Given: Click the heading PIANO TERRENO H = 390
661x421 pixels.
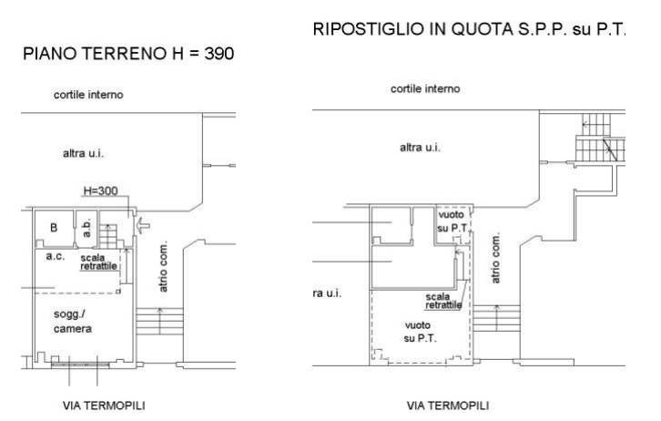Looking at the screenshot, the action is click(128, 54).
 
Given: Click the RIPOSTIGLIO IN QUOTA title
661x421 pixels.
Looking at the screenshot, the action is click(469, 29).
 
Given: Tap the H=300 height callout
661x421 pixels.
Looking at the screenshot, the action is click(100, 190).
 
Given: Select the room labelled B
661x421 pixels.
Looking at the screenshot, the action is click(54, 228).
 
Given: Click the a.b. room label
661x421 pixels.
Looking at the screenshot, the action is click(87, 228).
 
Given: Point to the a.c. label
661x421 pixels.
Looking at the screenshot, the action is click(56, 256).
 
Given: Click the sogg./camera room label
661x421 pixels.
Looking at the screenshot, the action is click(73, 322).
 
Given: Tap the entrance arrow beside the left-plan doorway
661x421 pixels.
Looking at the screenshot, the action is click(143, 225).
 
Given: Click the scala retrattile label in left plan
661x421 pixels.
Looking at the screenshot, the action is click(98, 262).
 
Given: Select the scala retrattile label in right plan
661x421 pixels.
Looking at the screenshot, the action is click(443, 301).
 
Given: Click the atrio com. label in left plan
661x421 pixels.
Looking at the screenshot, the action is click(164, 266).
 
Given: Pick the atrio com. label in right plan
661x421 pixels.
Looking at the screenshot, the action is click(495, 257).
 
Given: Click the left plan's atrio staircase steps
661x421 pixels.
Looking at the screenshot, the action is click(159, 322).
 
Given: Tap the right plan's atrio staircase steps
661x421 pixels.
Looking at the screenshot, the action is click(496, 318).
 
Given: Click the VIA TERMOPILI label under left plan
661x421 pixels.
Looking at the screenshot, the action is click(104, 406).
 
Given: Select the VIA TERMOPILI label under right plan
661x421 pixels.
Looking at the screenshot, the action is click(448, 406).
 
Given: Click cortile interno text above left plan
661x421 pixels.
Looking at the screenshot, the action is click(88, 95).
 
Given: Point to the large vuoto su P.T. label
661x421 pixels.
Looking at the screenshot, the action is click(419, 332).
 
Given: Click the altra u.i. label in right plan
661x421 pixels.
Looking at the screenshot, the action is click(420, 148).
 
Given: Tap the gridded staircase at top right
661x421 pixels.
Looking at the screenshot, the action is click(600, 138).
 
